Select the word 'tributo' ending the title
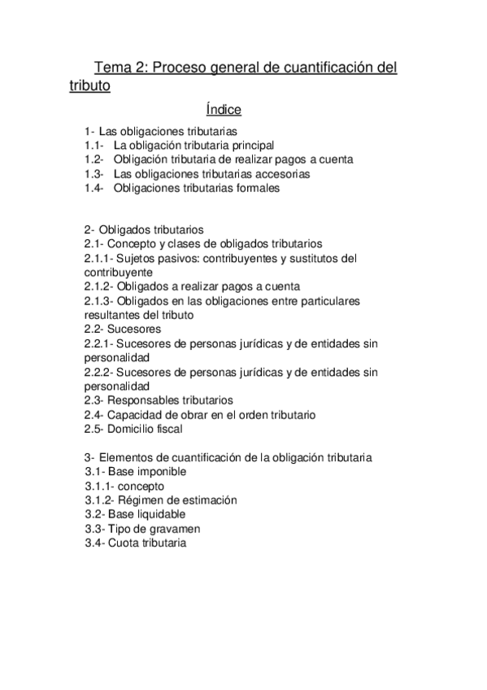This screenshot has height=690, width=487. (x=89, y=85)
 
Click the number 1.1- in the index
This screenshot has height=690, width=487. (x=94, y=145)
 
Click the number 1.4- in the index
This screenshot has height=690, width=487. (x=94, y=188)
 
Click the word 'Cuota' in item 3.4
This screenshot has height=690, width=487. (x=130, y=543)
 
